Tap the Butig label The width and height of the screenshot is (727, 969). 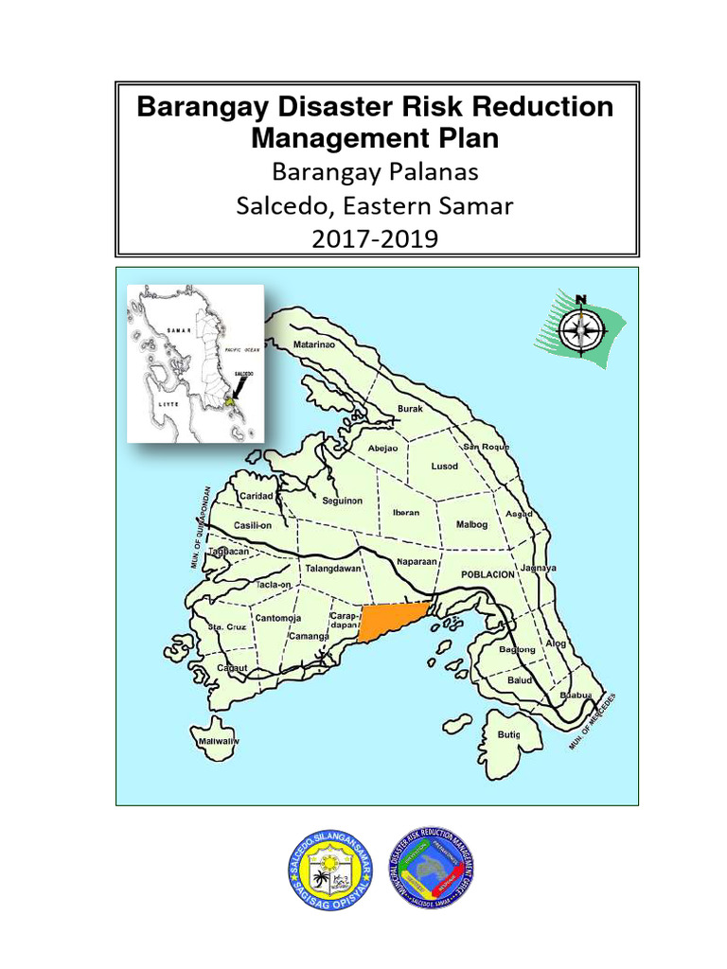pos(508,733)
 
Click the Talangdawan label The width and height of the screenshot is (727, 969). pos(331,570)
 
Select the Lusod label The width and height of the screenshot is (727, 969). pos(445,467)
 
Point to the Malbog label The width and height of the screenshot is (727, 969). pos(472,523)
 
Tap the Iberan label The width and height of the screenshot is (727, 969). pos(406,512)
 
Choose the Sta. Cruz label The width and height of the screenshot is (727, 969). pos(227,626)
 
